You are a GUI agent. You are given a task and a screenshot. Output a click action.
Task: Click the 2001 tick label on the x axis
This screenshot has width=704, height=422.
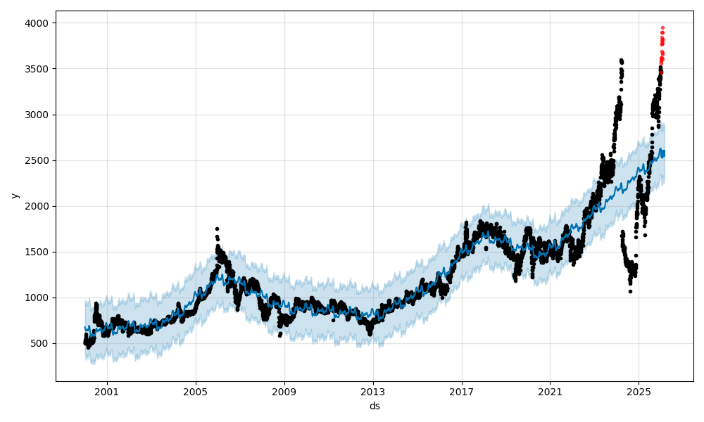pyautogui.click(x=107, y=392)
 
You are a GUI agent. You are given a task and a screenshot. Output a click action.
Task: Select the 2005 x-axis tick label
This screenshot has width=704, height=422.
pyautogui.click(x=196, y=392)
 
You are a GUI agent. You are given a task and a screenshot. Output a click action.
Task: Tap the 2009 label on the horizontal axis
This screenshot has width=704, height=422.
pyautogui.click(x=284, y=392)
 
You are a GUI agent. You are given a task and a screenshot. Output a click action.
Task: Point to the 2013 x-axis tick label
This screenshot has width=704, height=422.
pyautogui.click(x=373, y=392)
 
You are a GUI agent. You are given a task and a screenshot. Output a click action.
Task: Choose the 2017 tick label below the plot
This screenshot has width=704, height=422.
pyautogui.click(x=462, y=392)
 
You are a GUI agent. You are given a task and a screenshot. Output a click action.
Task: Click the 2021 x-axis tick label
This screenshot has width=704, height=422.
pyautogui.click(x=550, y=392)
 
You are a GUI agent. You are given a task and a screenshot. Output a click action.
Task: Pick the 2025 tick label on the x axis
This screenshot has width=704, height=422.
pyautogui.click(x=639, y=392)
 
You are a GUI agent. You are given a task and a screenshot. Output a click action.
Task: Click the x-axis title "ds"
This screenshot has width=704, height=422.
pyautogui.click(x=375, y=406)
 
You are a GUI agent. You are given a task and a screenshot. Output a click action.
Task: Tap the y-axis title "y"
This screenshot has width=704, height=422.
pyautogui.click(x=14, y=196)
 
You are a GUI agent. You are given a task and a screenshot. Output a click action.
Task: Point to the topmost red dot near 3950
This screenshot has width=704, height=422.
pyautogui.click(x=662, y=28)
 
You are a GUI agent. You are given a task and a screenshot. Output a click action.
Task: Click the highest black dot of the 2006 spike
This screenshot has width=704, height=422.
pyautogui.click(x=217, y=229)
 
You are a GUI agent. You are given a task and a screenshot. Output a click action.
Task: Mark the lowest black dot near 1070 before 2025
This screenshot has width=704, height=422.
pyautogui.click(x=630, y=291)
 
